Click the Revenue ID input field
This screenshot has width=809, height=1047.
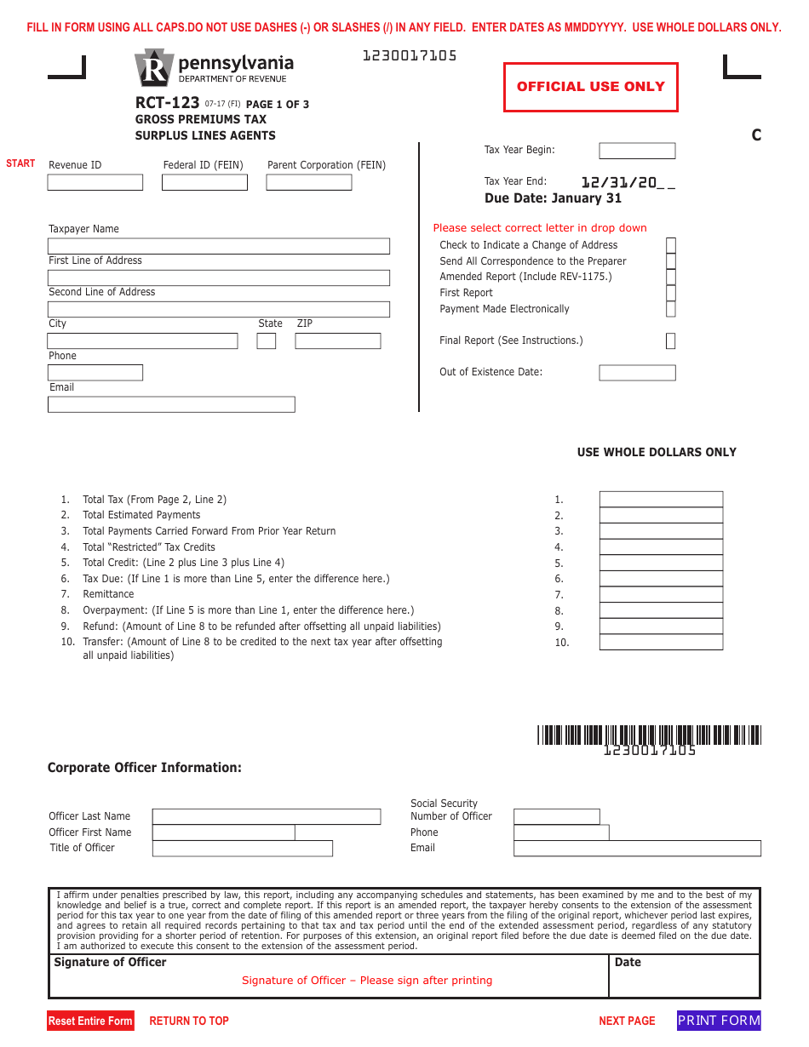95,182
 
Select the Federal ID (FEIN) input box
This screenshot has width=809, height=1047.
204,182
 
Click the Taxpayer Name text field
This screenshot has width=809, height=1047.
219,246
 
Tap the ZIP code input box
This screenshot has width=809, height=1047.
337,340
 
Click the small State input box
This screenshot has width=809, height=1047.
267,340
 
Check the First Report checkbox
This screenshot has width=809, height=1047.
671,293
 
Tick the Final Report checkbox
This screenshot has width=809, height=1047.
671,340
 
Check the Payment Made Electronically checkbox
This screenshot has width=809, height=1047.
671,309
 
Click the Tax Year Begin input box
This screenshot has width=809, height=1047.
637,151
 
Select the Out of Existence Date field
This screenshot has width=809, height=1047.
637,373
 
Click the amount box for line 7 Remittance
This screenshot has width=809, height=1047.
661,595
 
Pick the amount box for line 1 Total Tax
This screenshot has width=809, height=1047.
661,500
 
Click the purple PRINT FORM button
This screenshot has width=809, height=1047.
719,1021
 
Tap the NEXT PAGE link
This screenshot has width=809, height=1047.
627,1021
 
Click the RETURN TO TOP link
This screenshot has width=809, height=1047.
189,1021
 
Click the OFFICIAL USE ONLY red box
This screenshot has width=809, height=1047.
591,87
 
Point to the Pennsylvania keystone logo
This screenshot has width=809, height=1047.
154,68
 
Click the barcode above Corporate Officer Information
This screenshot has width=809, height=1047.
649,735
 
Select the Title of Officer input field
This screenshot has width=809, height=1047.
242,849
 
